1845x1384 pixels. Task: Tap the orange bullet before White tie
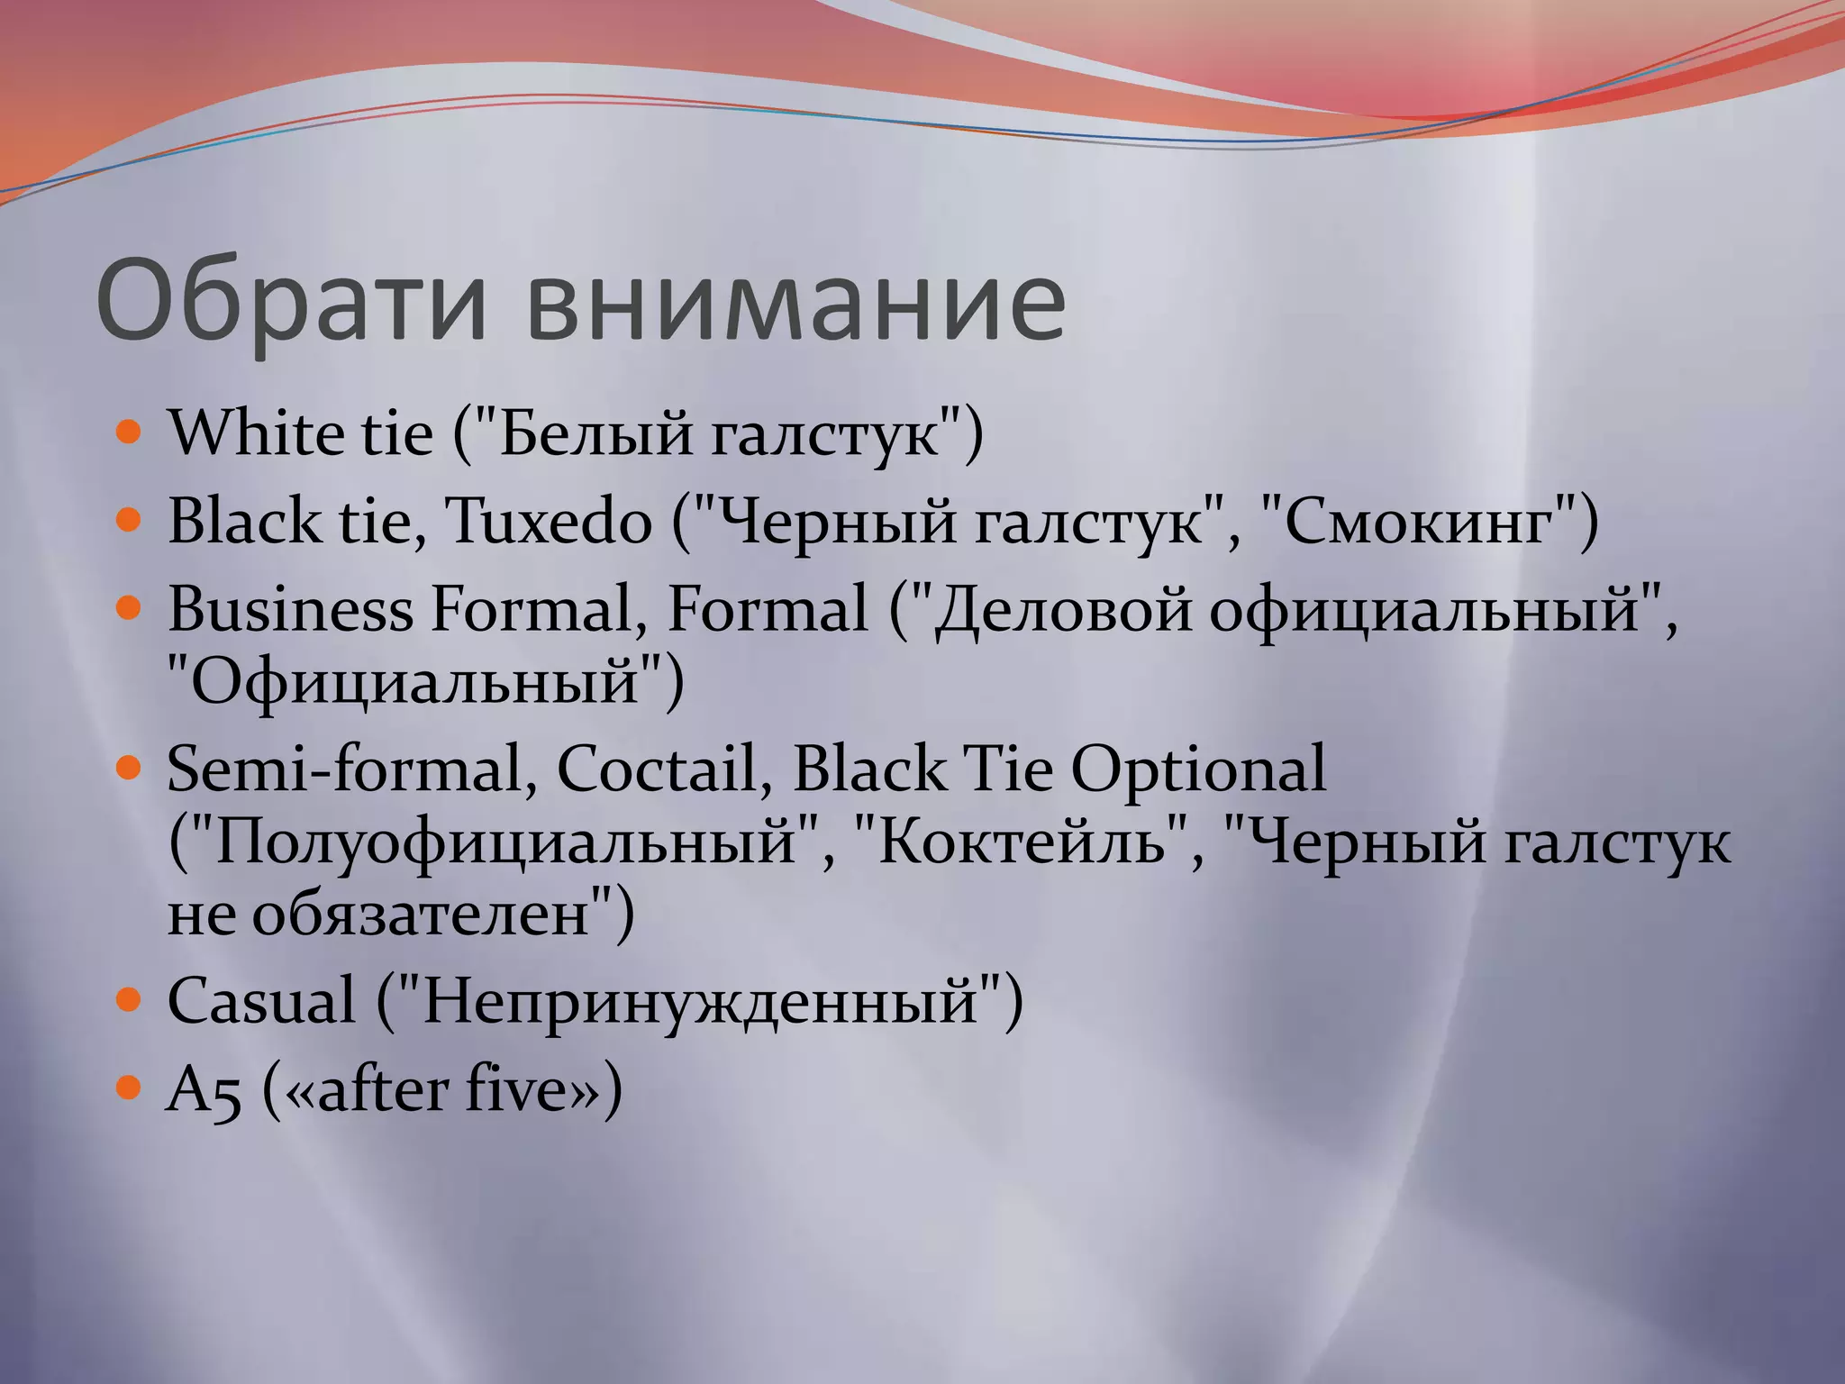[130, 432]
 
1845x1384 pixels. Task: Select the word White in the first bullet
[254, 432]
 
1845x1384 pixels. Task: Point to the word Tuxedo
[549, 521]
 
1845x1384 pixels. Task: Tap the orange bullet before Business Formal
[130, 608]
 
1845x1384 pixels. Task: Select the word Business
[290, 609]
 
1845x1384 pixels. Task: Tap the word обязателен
[421, 914]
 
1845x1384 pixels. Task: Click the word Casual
[261, 1001]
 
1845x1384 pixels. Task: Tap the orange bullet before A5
[130, 1088]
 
